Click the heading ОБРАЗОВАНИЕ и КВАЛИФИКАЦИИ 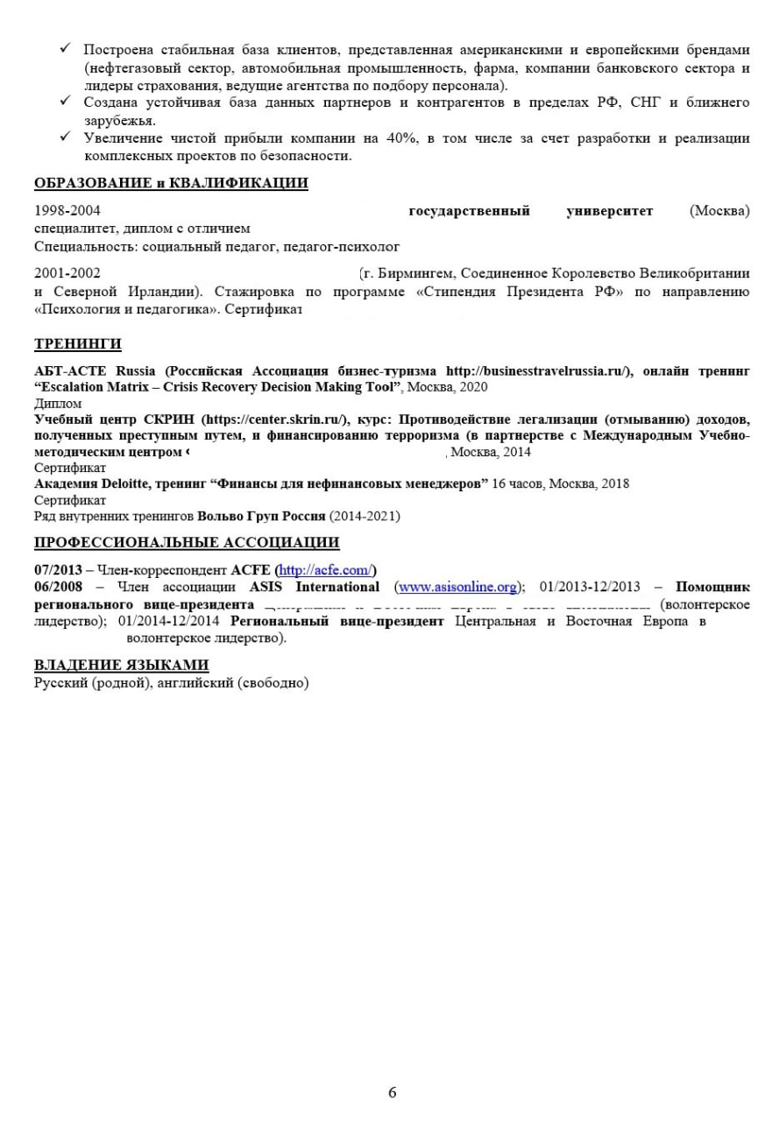coord(171,183)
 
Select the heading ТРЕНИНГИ coord(78,343)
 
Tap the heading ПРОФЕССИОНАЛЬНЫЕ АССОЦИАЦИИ coord(187,542)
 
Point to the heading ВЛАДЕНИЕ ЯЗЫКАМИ coord(122,665)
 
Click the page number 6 coord(392,1092)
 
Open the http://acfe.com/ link coord(325,570)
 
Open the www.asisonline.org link coord(457,587)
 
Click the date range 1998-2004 coord(67,211)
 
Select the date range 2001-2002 coord(67,273)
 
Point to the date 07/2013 coord(58,570)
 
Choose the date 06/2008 coord(58,587)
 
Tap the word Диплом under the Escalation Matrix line coord(58,404)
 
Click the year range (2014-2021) coord(365,517)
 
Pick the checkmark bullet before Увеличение coord(65,137)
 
